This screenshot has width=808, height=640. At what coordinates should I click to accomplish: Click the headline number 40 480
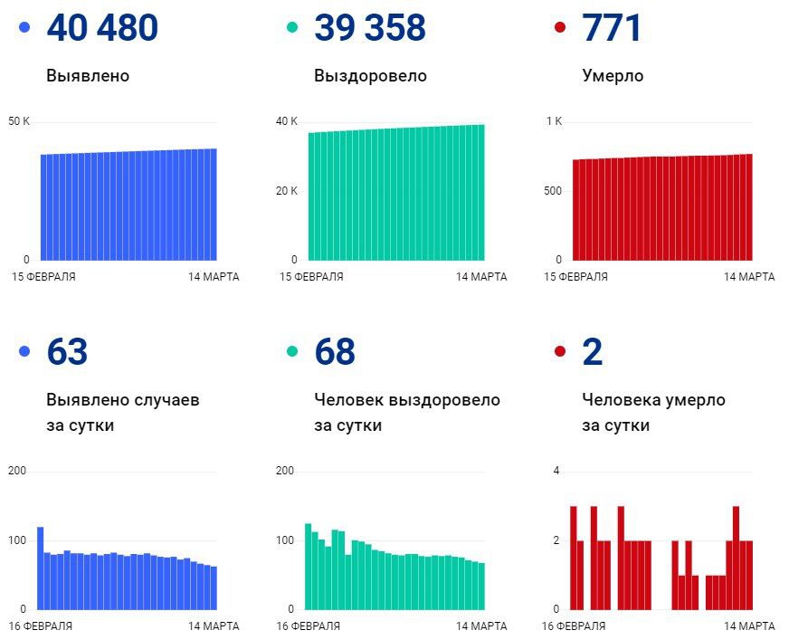coord(101,28)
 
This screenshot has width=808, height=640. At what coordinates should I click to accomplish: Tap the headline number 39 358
coord(369,28)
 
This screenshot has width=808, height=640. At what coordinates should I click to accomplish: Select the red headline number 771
coord(612,28)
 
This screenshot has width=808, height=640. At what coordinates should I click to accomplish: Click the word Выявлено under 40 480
coord(88,76)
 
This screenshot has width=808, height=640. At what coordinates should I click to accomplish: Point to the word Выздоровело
coord(370,76)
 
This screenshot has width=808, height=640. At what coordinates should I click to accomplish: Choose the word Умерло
coord(613,76)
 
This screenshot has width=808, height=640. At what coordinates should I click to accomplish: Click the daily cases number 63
coord(67,352)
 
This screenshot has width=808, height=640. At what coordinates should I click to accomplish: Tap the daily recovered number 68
coord(335,352)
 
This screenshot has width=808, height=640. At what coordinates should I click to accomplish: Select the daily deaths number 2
coord(593,352)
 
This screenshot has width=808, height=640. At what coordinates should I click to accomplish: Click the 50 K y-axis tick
coord(20,121)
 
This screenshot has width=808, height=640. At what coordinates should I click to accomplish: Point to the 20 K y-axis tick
coord(288,190)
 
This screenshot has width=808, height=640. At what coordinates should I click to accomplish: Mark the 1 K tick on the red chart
coord(554,121)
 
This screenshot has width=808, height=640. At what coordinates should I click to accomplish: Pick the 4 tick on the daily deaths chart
coord(557,471)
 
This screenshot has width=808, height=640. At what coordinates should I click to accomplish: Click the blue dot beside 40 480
coord(24,28)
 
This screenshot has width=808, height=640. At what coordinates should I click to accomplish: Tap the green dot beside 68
coord(292,352)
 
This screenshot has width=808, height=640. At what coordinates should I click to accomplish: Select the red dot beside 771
coord(560,28)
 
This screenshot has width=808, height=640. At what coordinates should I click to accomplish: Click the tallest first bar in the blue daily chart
coord(41,568)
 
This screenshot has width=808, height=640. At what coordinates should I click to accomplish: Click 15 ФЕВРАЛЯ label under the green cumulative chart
coord(311,277)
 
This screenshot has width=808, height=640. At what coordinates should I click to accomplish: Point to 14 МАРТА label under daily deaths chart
coord(749,626)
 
